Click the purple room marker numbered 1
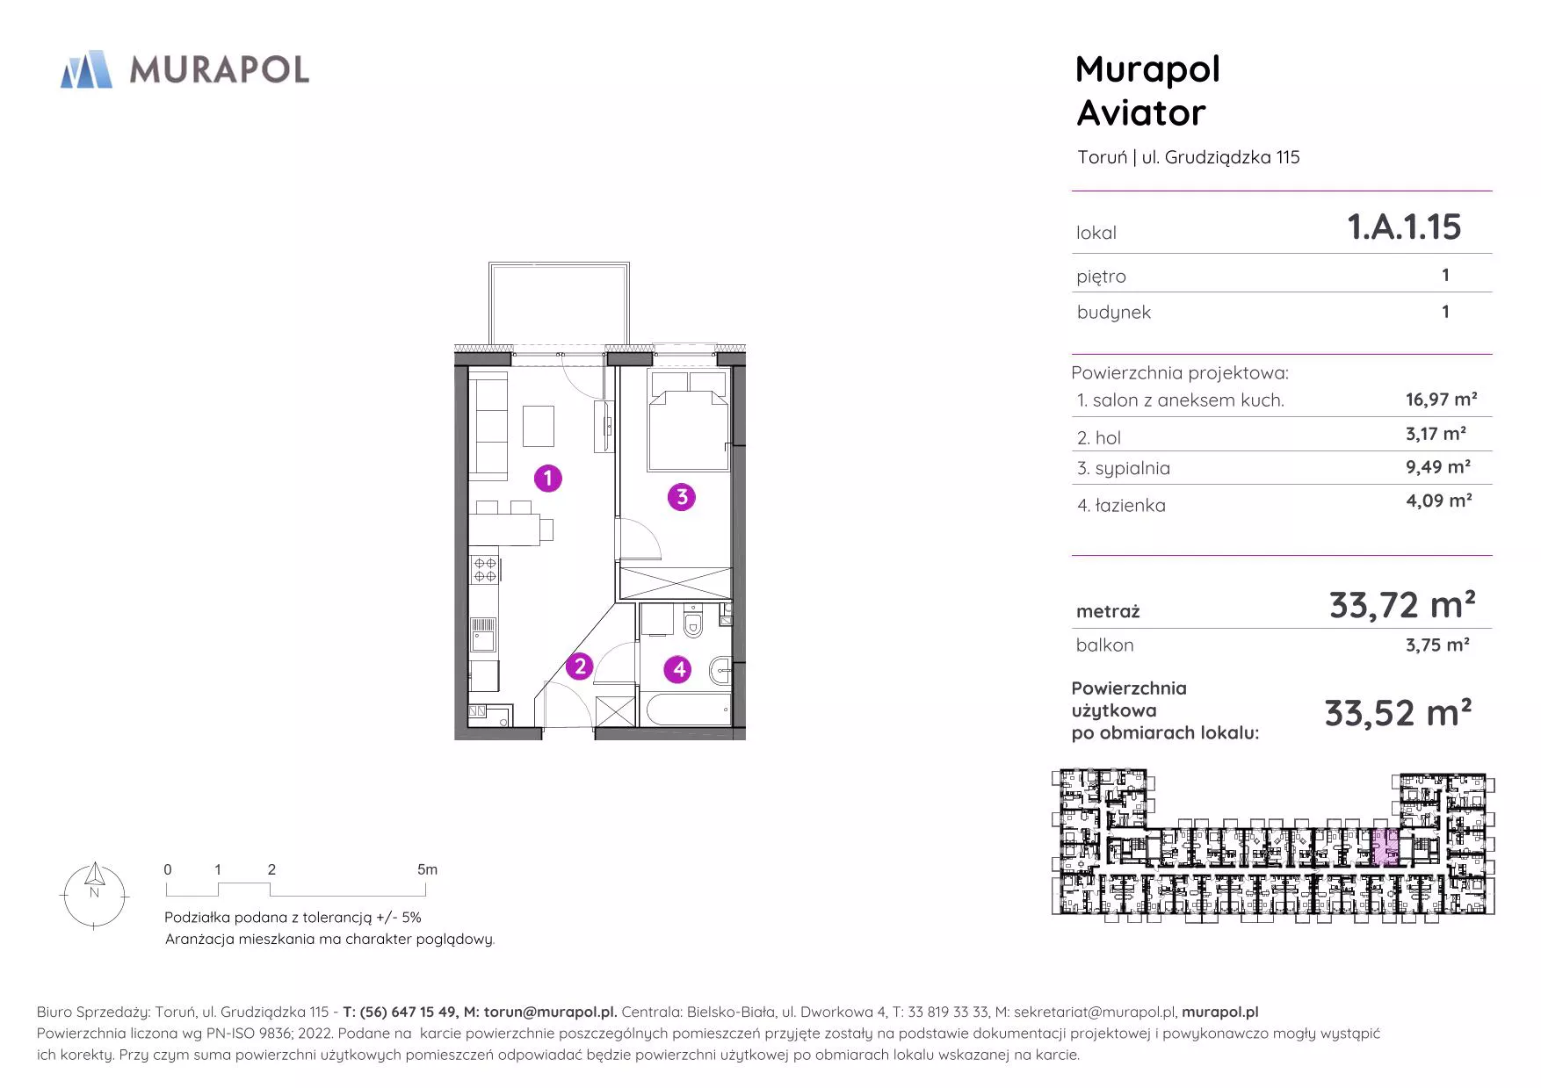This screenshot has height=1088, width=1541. click(x=548, y=479)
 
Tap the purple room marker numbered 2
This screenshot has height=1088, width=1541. click(x=579, y=666)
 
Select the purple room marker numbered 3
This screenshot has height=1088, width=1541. click(x=682, y=497)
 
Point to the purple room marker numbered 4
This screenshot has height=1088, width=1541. click(x=678, y=670)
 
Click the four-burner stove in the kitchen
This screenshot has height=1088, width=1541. click(x=485, y=569)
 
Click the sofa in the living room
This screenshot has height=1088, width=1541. click(x=489, y=425)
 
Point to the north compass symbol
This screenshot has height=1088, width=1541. click(x=94, y=895)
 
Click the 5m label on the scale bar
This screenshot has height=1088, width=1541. click(x=427, y=869)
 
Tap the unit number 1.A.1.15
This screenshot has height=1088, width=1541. click(x=1404, y=227)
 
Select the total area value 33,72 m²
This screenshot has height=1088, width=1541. click(x=1402, y=605)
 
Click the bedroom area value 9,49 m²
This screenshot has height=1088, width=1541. click(x=1438, y=466)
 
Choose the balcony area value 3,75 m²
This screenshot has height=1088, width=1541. click(x=1437, y=645)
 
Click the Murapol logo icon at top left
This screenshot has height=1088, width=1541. click(x=86, y=69)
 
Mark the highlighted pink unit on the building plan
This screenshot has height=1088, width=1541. click(x=1385, y=847)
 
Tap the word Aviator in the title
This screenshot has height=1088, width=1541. click(x=1141, y=112)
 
